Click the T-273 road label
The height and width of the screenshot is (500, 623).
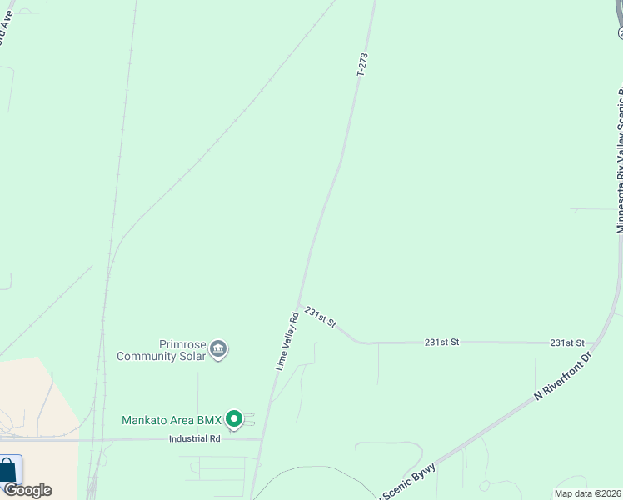362,65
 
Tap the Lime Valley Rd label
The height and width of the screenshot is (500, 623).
287,341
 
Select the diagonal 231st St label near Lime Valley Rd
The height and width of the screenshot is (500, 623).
320,317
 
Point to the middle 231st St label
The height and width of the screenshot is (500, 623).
441,342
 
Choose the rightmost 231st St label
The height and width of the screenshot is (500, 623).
567,342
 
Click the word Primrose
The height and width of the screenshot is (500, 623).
182,344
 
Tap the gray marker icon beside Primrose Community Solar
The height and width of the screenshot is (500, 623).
218,348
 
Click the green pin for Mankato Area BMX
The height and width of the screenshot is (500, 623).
234,419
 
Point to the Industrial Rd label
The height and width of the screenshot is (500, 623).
194,438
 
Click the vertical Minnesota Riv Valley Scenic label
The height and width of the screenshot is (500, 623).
619,158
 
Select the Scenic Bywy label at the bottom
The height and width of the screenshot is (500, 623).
408,480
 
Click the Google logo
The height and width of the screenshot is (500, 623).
27,490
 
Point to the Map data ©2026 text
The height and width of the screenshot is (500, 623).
587,493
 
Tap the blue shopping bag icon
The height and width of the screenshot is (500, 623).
8,471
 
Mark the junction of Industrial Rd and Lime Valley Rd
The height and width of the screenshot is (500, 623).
262,439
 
